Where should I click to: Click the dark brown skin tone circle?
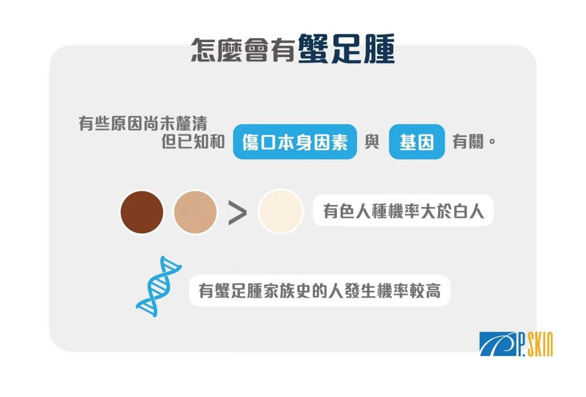coord(142,212)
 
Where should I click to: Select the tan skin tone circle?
coord(195,212)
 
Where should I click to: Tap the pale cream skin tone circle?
coord(281,211)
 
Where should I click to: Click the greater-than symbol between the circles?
coord(237,212)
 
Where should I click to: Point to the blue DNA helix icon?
coord(159,286)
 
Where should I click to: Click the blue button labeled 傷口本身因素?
coord(295,142)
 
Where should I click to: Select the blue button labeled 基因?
coord(417,142)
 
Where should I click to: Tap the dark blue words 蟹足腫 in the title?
coord(346,49)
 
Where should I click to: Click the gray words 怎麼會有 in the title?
coord(243,50)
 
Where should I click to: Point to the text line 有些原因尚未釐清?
coord(143,123)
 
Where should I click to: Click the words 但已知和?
coord(193,141)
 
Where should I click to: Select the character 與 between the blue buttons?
coord(372,141)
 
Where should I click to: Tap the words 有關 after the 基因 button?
coord(468,141)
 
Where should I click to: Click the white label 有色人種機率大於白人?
coord(403,211)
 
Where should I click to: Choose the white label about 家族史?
coord(320,290)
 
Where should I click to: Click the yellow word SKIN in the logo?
coord(540,344)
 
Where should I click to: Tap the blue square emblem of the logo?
coord(498,344)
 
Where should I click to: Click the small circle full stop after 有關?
coord(492,141)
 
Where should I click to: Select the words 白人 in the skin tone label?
coord(468,211)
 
